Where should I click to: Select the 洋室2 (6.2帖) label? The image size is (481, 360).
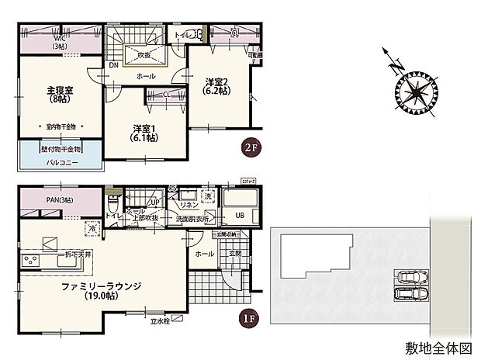pos(216,85)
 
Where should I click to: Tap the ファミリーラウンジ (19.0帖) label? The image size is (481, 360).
pos(102,290)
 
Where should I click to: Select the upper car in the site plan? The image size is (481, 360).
pos(412,278)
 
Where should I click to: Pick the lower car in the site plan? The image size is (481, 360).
pos(412,294)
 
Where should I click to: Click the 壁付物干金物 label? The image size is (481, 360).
pos(61,148)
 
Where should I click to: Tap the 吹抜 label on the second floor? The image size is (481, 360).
pos(144,56)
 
